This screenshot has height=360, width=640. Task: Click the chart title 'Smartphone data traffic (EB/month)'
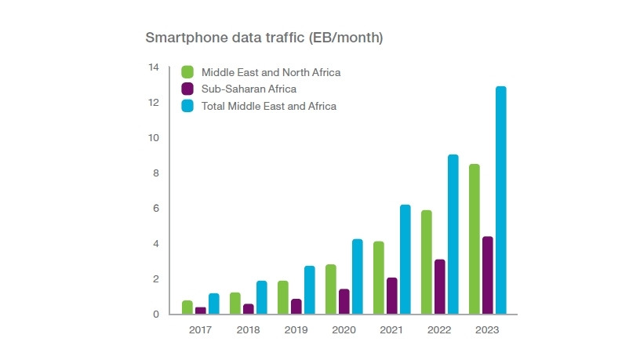click(x=264, y=38)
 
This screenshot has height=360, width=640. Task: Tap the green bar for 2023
click(x=474, y=239)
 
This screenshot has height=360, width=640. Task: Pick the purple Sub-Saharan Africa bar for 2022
click(x=439, y=286)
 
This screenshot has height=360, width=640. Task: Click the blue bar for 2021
click(x=405, y=260)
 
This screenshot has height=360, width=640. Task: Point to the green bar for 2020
click(x=330, y=289)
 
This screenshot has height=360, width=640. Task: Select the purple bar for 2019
click(x=296, y=307)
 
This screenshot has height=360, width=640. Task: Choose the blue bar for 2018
click(x=261, y=297)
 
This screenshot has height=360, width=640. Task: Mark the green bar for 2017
click(x=187, y=307)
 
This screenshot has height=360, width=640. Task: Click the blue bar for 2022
click(x=453, y=235)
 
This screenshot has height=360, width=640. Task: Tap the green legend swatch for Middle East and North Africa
click(x=187, y=72)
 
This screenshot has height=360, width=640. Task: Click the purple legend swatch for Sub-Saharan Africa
click(x=187, y=89)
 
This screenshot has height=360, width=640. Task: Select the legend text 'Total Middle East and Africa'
click(x=269, y=106)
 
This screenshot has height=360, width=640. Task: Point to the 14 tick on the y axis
click(x=154, y=67)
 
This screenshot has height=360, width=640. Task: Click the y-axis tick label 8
click(x=156, y=173)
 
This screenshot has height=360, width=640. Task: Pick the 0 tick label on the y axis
click(x=156, y=315)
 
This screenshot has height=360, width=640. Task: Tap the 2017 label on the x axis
click(x=201, y=330)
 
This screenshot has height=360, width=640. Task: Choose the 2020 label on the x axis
click(x=344, y=330)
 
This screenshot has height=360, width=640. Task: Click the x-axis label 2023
click(x=487, y=330)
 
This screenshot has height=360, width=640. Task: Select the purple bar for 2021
click(x=391, y=296)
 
